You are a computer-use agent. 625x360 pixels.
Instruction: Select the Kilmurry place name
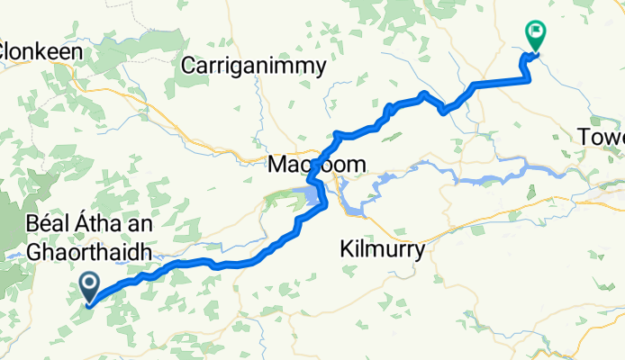click(x=383, y=250)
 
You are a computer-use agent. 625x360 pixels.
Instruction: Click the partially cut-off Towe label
click(x=602, y=137)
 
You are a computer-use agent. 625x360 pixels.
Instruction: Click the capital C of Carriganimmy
click(x=188, y=66)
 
